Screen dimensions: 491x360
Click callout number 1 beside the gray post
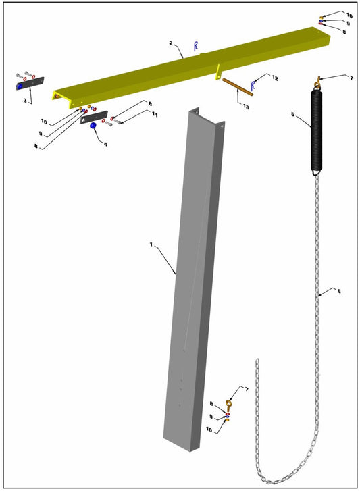(x=151, y=245)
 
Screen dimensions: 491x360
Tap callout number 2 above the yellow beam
(x=172, y=43)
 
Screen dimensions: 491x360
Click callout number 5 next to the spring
(x=292, y=115)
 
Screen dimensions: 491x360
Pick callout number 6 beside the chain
(x=338, y=291)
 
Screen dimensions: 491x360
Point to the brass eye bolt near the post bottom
(x=229, y=406)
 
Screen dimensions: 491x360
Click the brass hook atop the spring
(x=315, y=84)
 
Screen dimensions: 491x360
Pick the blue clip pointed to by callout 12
(x=253, y=85)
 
